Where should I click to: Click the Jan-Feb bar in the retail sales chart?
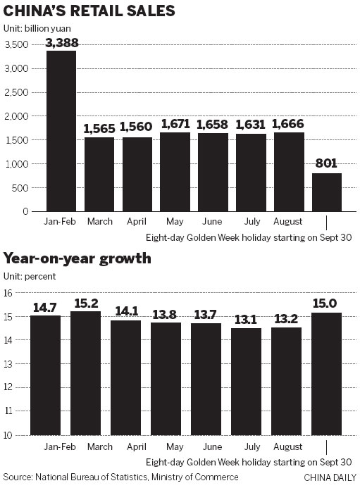(x=62, y=131)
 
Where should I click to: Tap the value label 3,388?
(x=62, y=43)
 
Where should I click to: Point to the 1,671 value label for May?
(x=176, y=124)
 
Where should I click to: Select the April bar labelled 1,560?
(x=138, y=174)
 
